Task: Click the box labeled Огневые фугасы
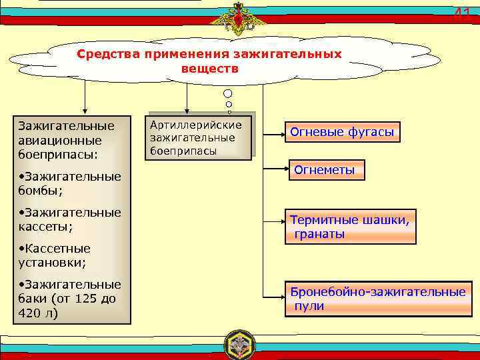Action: click(342, 132)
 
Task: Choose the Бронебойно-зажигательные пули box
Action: click(377, 299)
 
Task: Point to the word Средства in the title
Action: click(106, 53)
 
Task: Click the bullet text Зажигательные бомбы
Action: click(69, 183)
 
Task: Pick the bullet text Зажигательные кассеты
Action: click(69, 219)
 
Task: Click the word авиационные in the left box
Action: click(60, 140)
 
